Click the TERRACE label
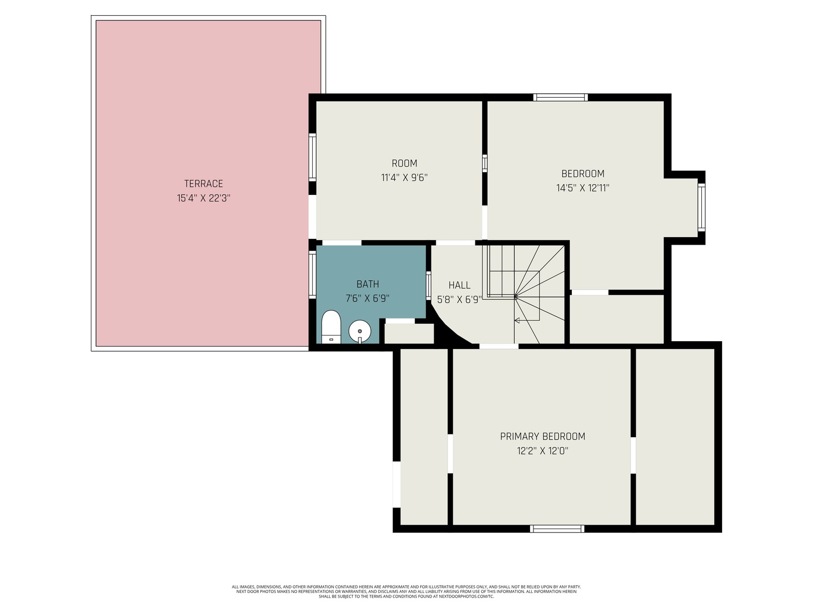pos(203,184)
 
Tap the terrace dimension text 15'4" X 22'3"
pos(203,198)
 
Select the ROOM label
pos(404,163)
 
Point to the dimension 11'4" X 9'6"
pos(404,178)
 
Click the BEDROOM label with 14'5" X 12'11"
pos(583,174)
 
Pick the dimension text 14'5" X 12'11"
pos(583,188)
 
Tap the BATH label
pos(368,284)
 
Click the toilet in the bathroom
pos(331,327)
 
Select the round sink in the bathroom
pos(360,332)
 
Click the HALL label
pos(459,285)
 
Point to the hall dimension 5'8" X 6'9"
pos(459,299)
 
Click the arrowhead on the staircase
pos(517,320)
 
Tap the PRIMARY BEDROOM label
pos(543,436)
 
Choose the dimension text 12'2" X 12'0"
pos(543,451)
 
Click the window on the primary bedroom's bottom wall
pos(557,529)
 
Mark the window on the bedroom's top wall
pos(561,97)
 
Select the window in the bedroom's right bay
pos(702,207)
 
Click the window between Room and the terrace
pos(312,158)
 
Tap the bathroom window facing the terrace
pos(312,274)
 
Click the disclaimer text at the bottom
pos(406,591)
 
